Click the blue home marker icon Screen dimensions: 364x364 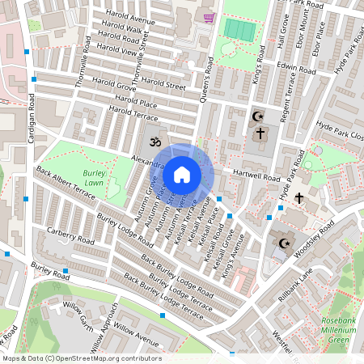click(x=182, y=175)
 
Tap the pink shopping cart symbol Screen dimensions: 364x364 click(x=209, y=17)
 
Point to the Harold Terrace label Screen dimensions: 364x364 click(x=133, y=113)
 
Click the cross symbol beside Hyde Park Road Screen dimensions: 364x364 click(x=298, y=197)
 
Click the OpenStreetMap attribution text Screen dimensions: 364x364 click(x=81, y=358)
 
